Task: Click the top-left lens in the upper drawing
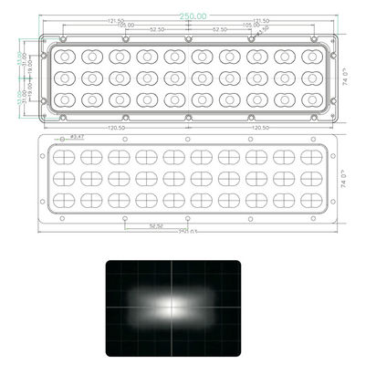64,57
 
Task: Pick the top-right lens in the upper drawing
310,57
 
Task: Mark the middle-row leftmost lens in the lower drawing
64,178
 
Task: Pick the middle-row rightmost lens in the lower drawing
310,178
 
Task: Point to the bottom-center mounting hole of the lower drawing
188,219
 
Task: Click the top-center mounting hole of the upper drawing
187,40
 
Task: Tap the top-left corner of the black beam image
106,261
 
